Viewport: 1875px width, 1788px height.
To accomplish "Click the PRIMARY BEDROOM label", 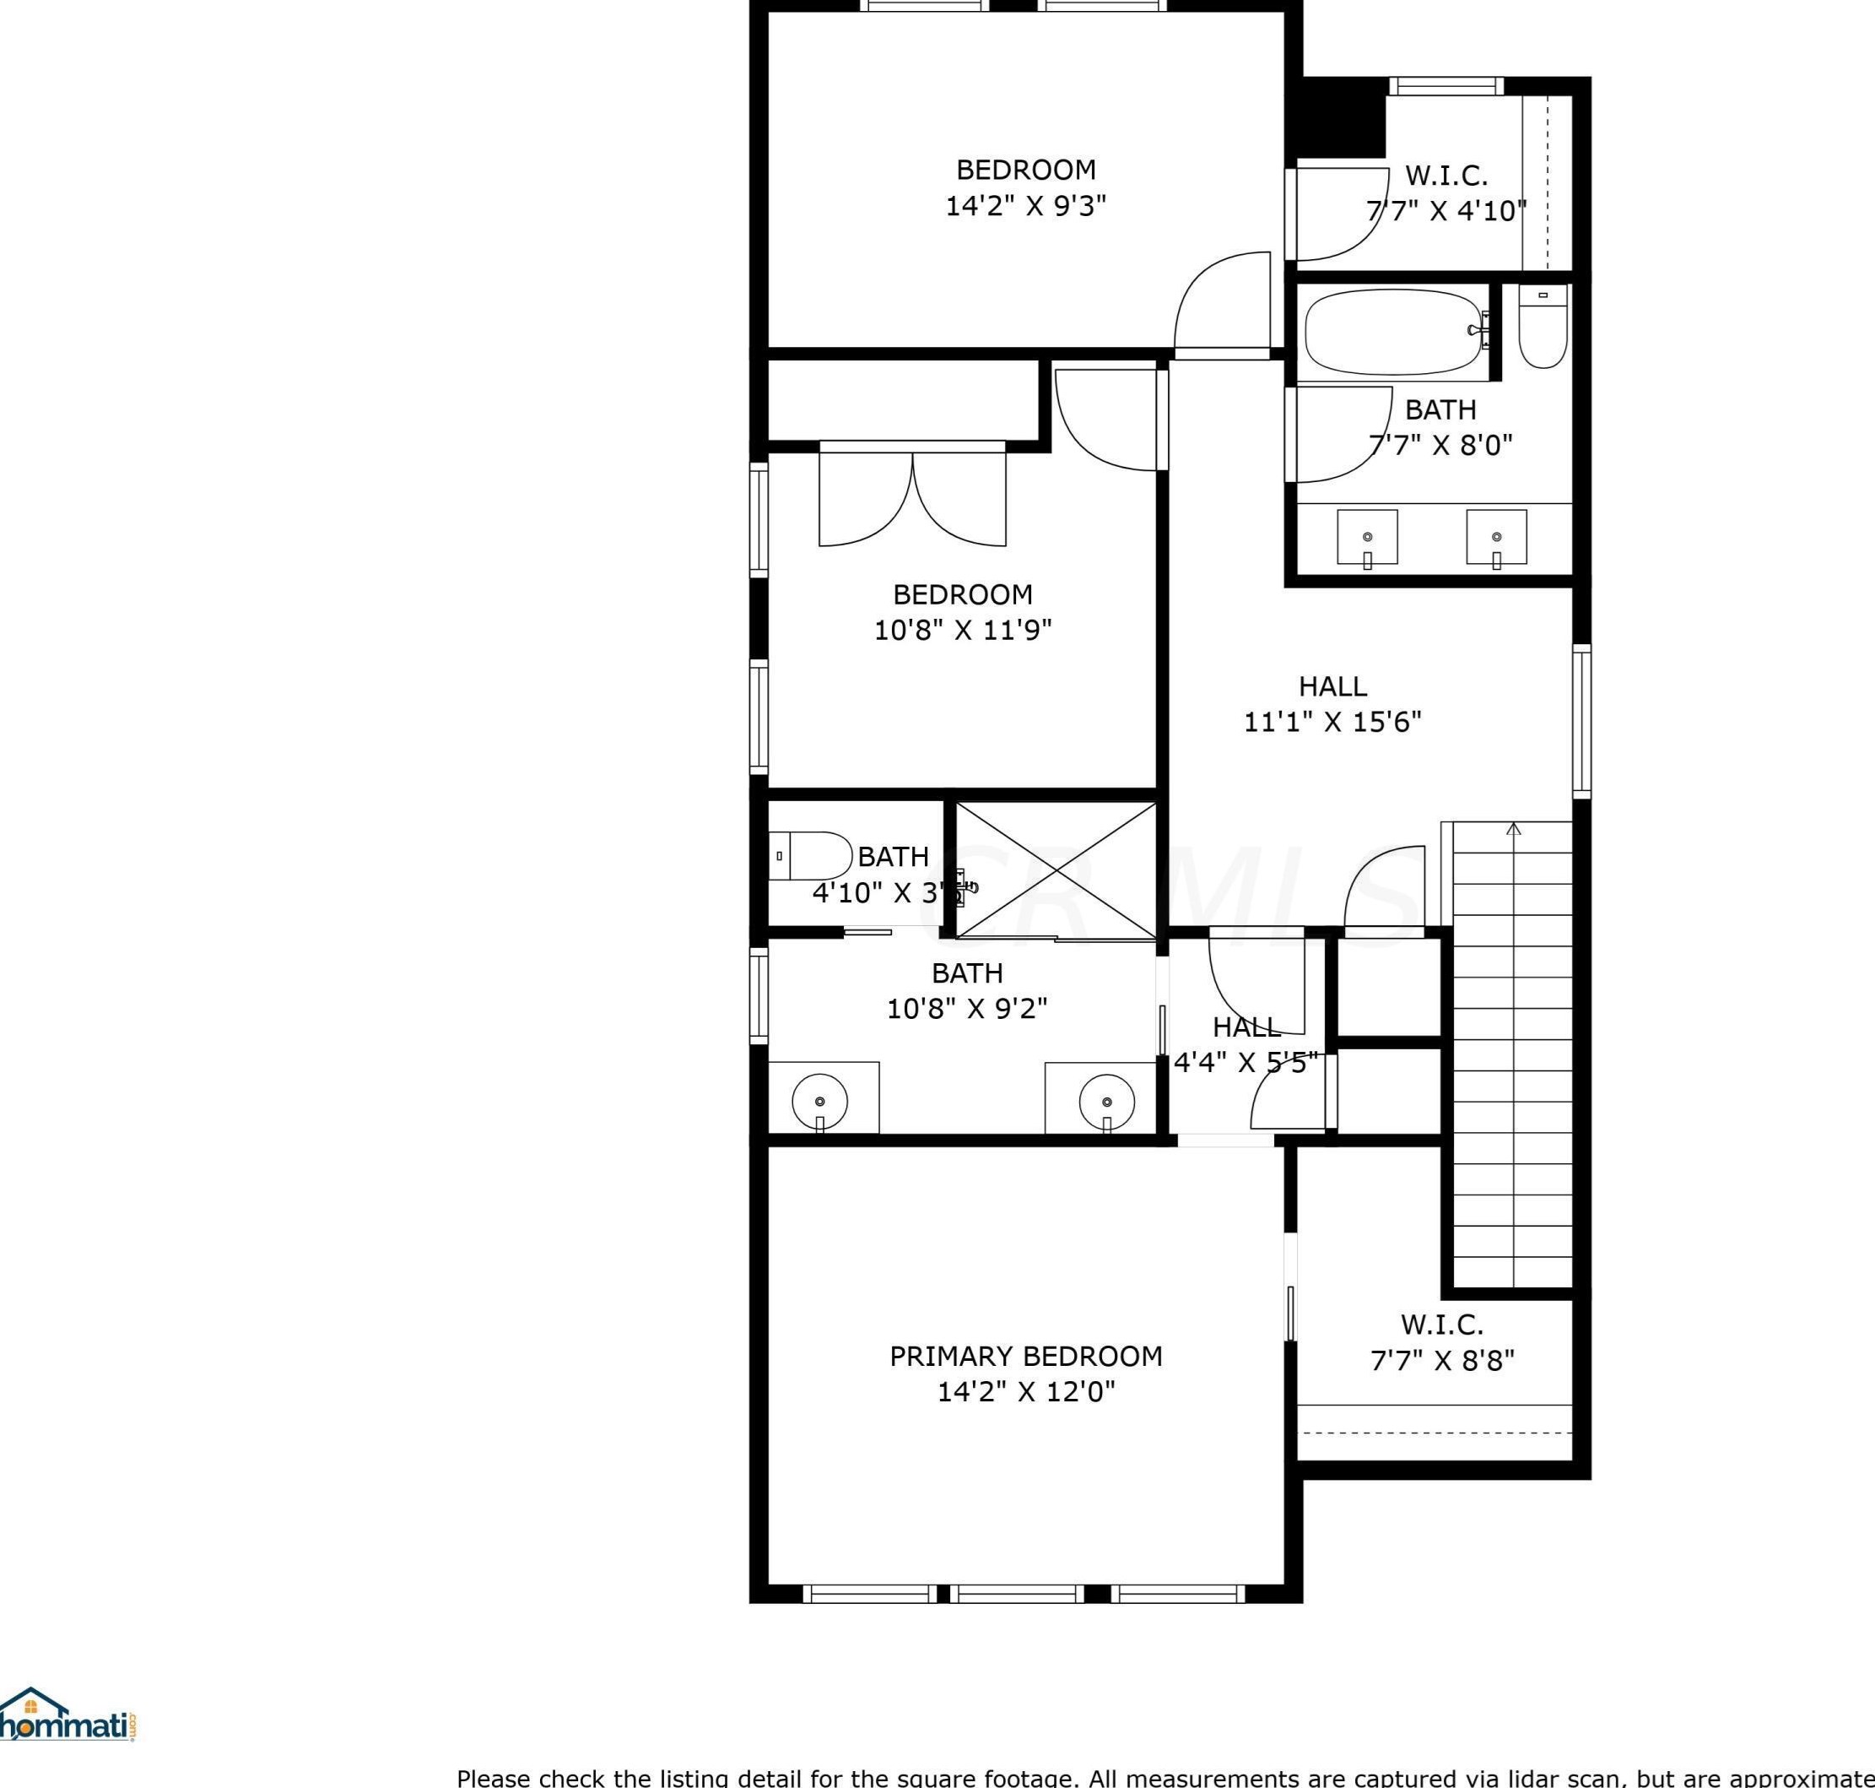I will point(1025,1357).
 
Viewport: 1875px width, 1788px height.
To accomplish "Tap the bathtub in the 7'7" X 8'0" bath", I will point(1392,333).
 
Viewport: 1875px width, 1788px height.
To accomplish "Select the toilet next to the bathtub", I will point(1543,326).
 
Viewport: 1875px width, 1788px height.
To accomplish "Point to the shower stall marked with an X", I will point(1056,870).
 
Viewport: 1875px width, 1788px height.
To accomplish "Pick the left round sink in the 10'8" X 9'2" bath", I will point(820,1102).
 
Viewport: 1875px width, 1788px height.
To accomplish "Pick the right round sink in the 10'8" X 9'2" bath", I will point(1107,1102).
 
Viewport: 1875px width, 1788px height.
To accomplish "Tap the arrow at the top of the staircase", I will point(1514,828).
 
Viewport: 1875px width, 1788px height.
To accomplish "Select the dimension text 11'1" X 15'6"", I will point(1332,723).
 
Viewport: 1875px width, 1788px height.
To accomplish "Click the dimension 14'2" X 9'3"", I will point(1025,206).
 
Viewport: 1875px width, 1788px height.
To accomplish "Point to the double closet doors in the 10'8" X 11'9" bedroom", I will point(913,496).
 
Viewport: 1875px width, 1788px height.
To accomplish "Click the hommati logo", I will point(67,1715).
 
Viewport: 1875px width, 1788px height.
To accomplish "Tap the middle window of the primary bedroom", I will point(1017,1593).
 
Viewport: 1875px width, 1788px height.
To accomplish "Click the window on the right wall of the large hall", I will point(1581,722).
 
